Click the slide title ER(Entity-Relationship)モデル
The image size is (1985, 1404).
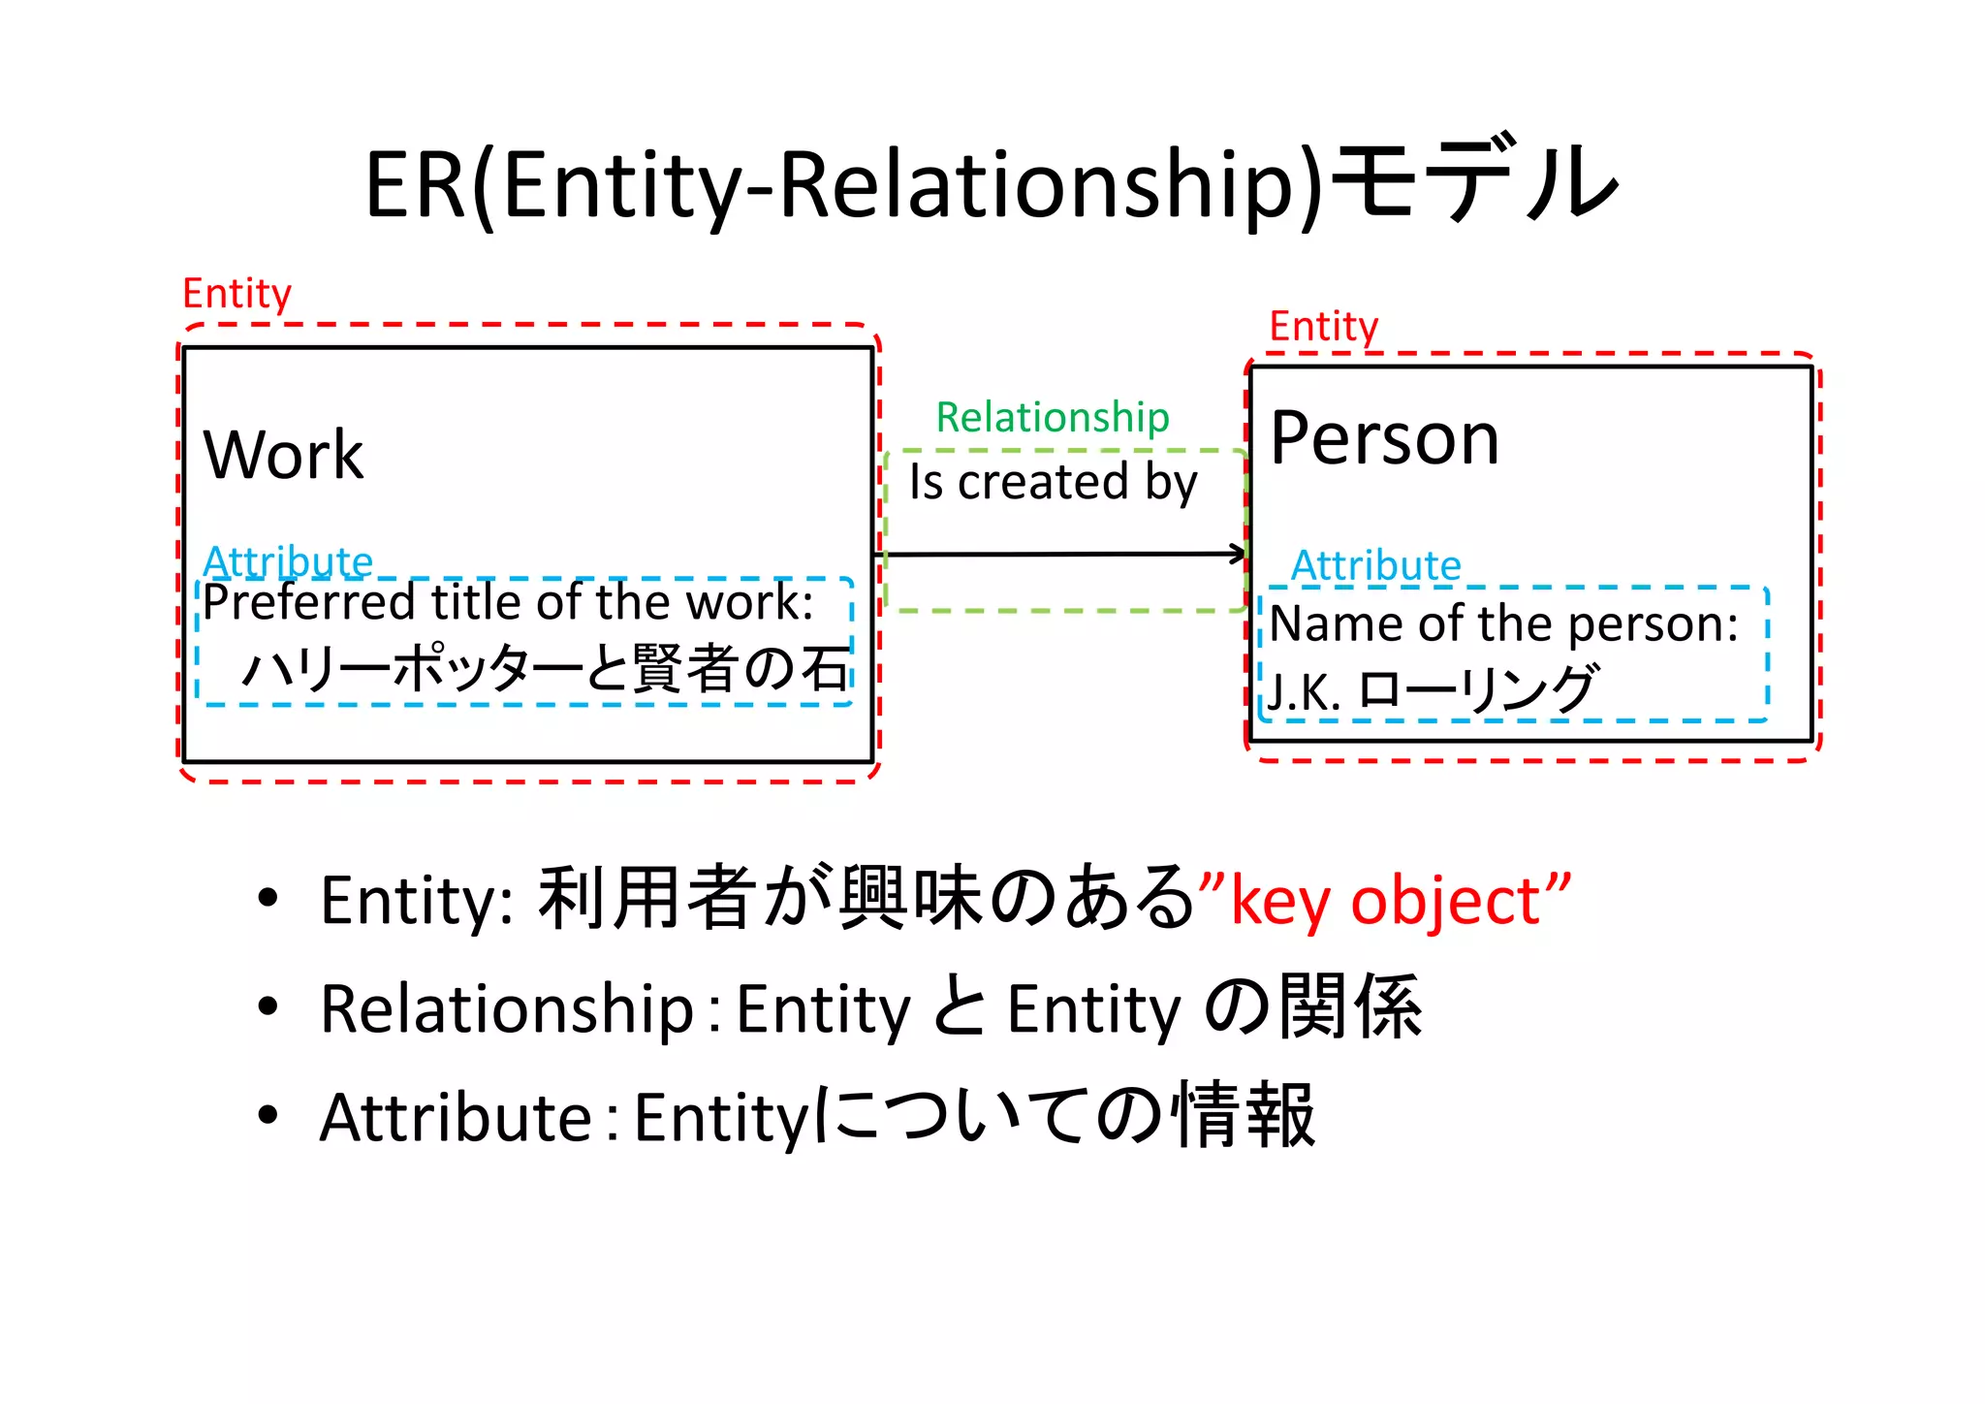(991, 184)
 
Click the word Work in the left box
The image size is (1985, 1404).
(283, 454)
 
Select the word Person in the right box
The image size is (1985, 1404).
(1384, 438)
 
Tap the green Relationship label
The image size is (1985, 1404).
(1053, 417)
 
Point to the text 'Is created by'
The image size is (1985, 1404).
(1053, 482)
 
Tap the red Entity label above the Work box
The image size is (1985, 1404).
(236, 293)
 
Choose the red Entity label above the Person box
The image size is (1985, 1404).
(1323, 327)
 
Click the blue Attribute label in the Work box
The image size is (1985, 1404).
(288, 561)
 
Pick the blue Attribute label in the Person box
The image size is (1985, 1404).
(1375, 565)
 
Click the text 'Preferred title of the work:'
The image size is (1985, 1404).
(508, 602)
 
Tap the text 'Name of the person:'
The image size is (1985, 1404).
(1503, 623)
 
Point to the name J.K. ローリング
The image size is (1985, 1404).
(1431, 689)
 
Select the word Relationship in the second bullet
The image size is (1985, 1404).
(507, 1008)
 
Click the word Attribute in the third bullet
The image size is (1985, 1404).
(456, 1117)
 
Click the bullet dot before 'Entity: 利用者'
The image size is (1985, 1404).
(268, 897)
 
